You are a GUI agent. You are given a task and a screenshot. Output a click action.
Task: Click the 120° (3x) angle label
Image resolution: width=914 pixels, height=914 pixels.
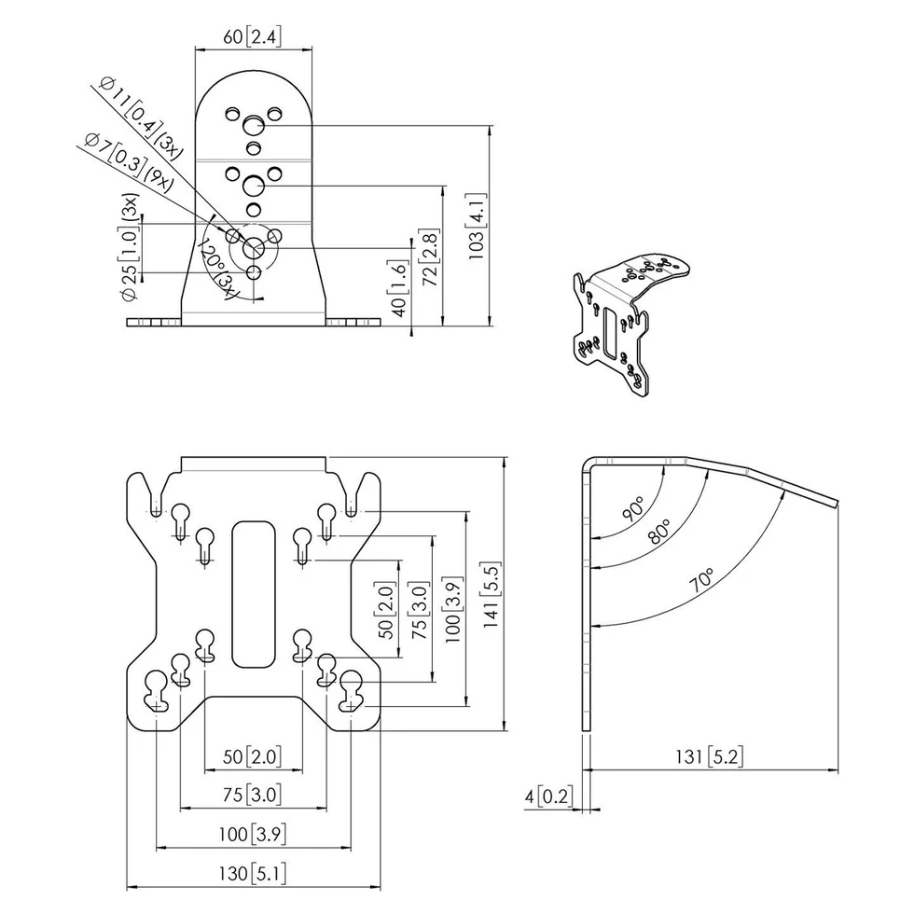pos(215,269)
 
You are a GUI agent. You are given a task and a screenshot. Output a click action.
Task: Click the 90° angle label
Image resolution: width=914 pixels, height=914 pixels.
pos(634,508)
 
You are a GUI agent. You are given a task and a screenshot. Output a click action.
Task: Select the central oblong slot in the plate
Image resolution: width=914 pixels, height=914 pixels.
pos(253,593)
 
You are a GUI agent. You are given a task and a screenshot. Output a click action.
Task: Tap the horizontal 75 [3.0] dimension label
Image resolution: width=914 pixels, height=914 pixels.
pos(253,795)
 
